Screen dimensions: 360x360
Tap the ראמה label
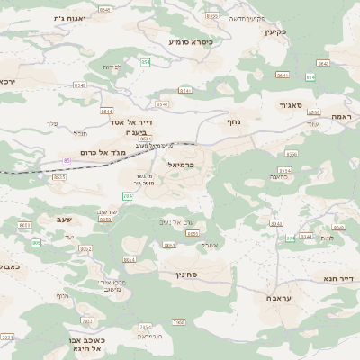coord(340,117)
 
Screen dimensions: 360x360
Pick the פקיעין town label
coord(274,31)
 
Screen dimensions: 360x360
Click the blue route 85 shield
coord(66,160)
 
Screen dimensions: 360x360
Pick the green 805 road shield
coord(37,243)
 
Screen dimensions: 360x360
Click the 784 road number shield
coord(128,194)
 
